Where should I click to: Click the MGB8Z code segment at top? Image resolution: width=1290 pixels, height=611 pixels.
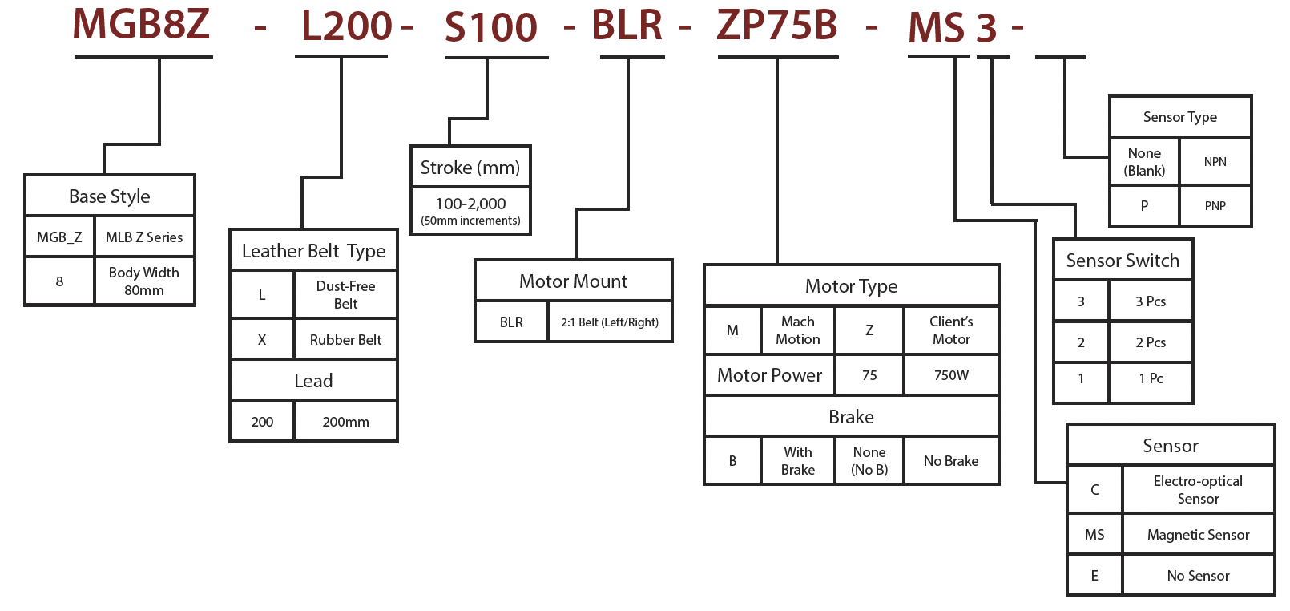141,24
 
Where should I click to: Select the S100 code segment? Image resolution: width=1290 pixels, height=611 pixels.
490,27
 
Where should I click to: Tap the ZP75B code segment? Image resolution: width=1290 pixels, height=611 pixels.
776,25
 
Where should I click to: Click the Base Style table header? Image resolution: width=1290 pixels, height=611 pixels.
109,196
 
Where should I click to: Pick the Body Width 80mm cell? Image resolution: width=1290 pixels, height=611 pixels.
144,281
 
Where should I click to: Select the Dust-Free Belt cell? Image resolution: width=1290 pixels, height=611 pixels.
345,295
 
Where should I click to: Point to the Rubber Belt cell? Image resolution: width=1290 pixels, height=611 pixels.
345,340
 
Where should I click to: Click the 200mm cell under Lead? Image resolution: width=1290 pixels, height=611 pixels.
345,422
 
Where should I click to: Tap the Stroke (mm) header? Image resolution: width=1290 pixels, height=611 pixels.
470,168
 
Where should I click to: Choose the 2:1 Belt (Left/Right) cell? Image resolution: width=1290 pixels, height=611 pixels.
609,322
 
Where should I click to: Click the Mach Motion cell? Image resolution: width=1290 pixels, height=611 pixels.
797,330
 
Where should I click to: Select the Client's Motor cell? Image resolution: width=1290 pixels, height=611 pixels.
951,330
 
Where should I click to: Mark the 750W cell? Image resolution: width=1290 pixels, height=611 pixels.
951,375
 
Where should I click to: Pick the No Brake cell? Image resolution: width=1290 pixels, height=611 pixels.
951,461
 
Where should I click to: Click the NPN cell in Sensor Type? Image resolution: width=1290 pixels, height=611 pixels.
1215,162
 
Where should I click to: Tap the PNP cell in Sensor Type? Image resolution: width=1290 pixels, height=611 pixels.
1215,206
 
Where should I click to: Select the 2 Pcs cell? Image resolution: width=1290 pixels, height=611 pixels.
1151,342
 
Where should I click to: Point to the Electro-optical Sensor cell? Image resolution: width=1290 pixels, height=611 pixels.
1198,490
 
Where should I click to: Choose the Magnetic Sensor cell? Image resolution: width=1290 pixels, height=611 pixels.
1198,535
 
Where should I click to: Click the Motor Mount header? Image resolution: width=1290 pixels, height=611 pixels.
573,281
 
